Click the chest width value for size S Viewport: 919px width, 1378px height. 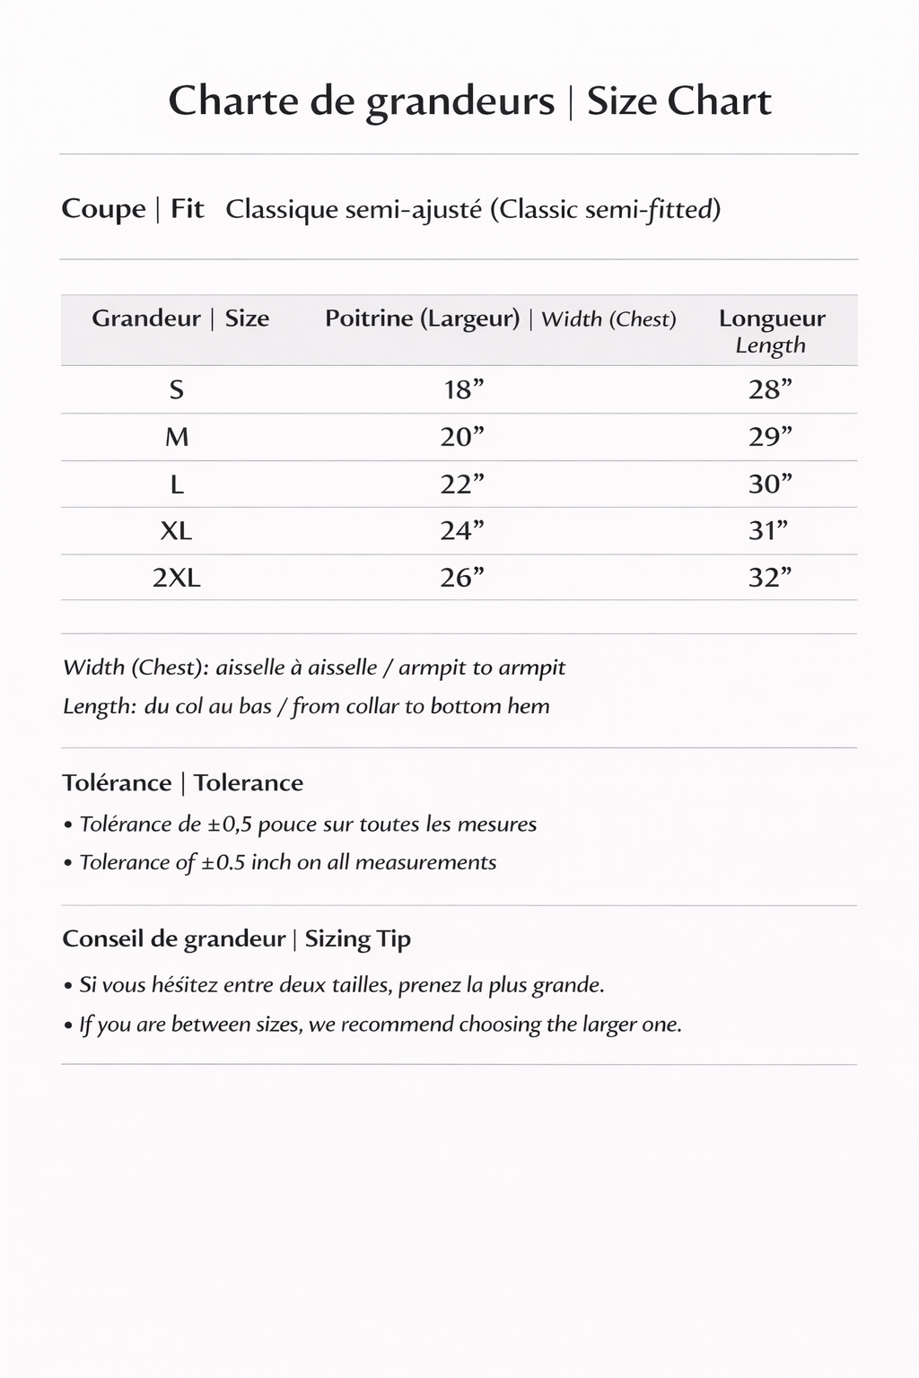[463, 390]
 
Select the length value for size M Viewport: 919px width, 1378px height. [770, 437]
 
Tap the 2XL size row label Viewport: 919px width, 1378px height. [177, 578]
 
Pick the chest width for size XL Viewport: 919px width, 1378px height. [461, 531]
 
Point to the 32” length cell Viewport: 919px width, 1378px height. [770, 578]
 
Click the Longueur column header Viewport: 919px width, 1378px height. [772, 319]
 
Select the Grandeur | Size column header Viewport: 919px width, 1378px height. [180, 318]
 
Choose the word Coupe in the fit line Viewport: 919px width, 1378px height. [103, 210]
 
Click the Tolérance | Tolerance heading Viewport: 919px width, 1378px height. [183, 783]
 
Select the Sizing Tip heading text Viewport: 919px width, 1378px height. [357, 939]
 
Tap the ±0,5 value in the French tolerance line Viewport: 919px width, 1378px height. [229, 824]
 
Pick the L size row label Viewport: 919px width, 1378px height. [177, 484]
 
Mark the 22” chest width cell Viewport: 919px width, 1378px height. [461, 484]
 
